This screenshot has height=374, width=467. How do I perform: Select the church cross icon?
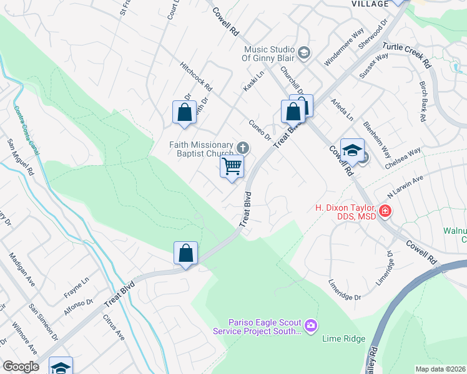pos(243,148)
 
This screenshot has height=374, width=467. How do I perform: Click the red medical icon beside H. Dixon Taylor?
pos(385,211)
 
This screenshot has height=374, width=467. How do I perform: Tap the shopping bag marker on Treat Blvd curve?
pos(185,254)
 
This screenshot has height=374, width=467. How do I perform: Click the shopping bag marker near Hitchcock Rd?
pos(184,113)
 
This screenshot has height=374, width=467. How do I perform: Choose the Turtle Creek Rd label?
pos(406,55)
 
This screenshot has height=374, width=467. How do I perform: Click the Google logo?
pos(21,367)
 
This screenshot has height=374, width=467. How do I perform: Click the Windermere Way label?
pos(344,47)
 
